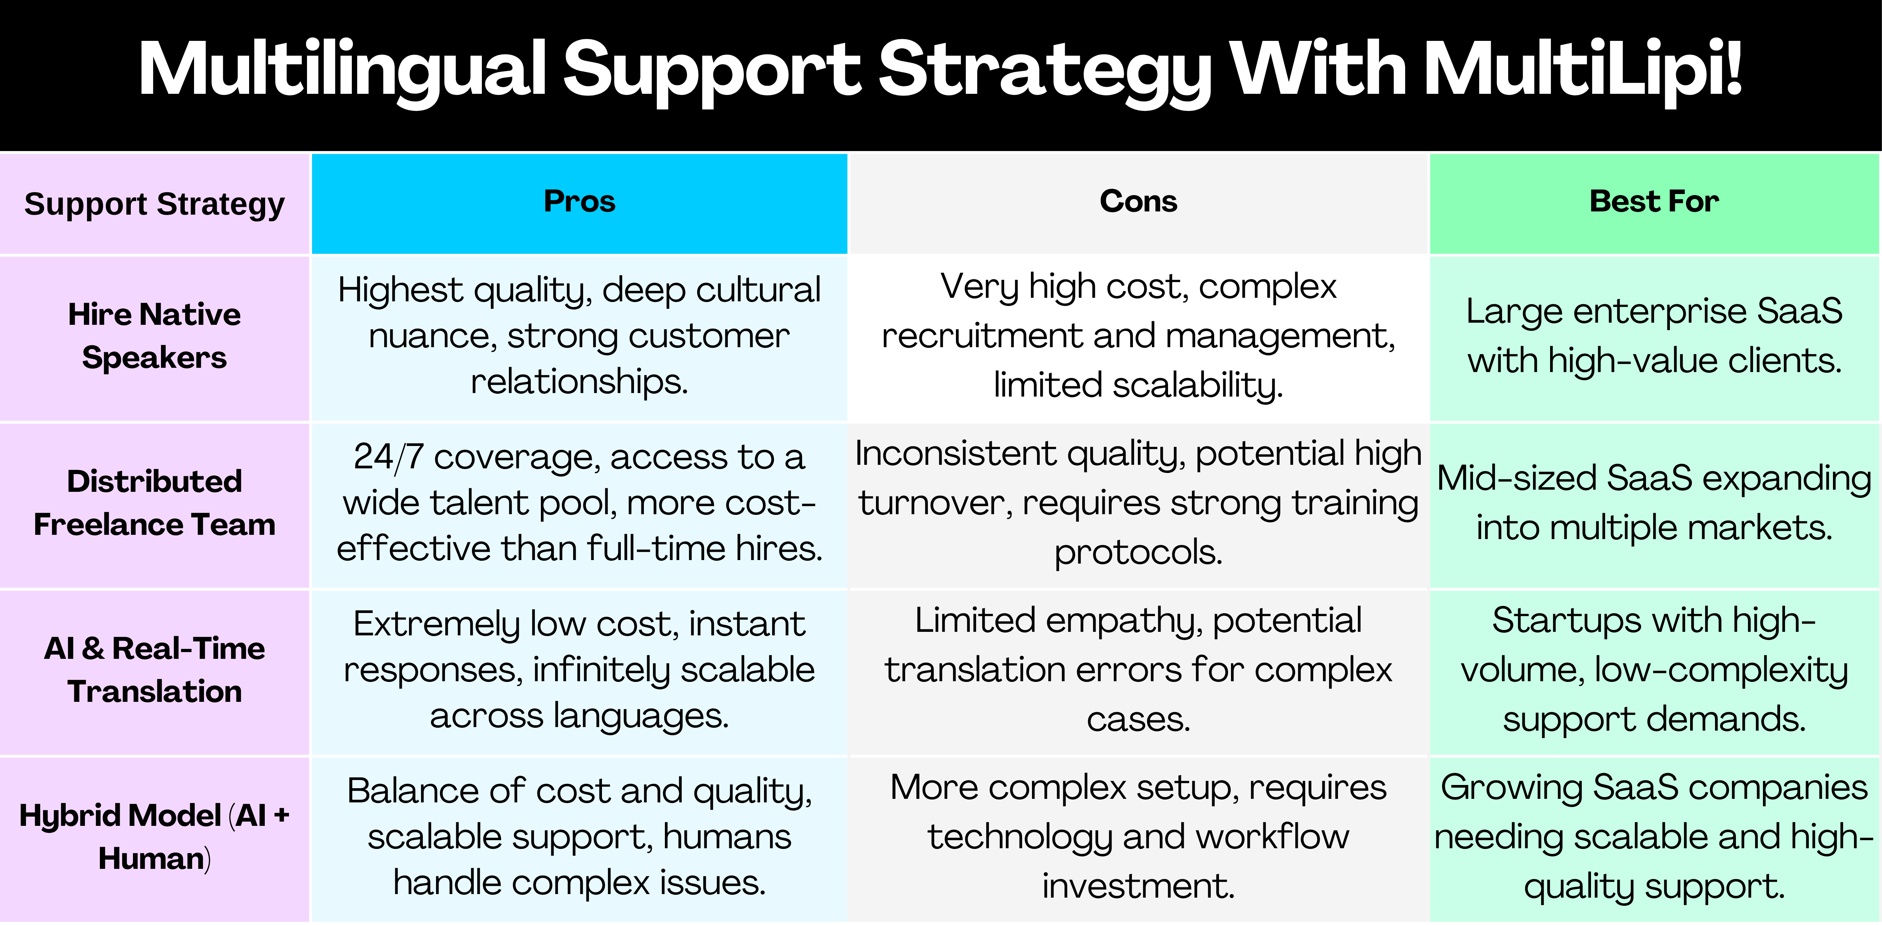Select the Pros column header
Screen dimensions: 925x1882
tap(579, 201)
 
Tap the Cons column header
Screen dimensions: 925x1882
tap(1138, 201)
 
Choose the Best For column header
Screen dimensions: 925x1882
tap(1654, 201)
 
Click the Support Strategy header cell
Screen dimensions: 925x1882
tap(154, 204)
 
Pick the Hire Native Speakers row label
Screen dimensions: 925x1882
tap(154, 336)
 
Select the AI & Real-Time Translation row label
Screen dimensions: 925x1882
tap(154, 670)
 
